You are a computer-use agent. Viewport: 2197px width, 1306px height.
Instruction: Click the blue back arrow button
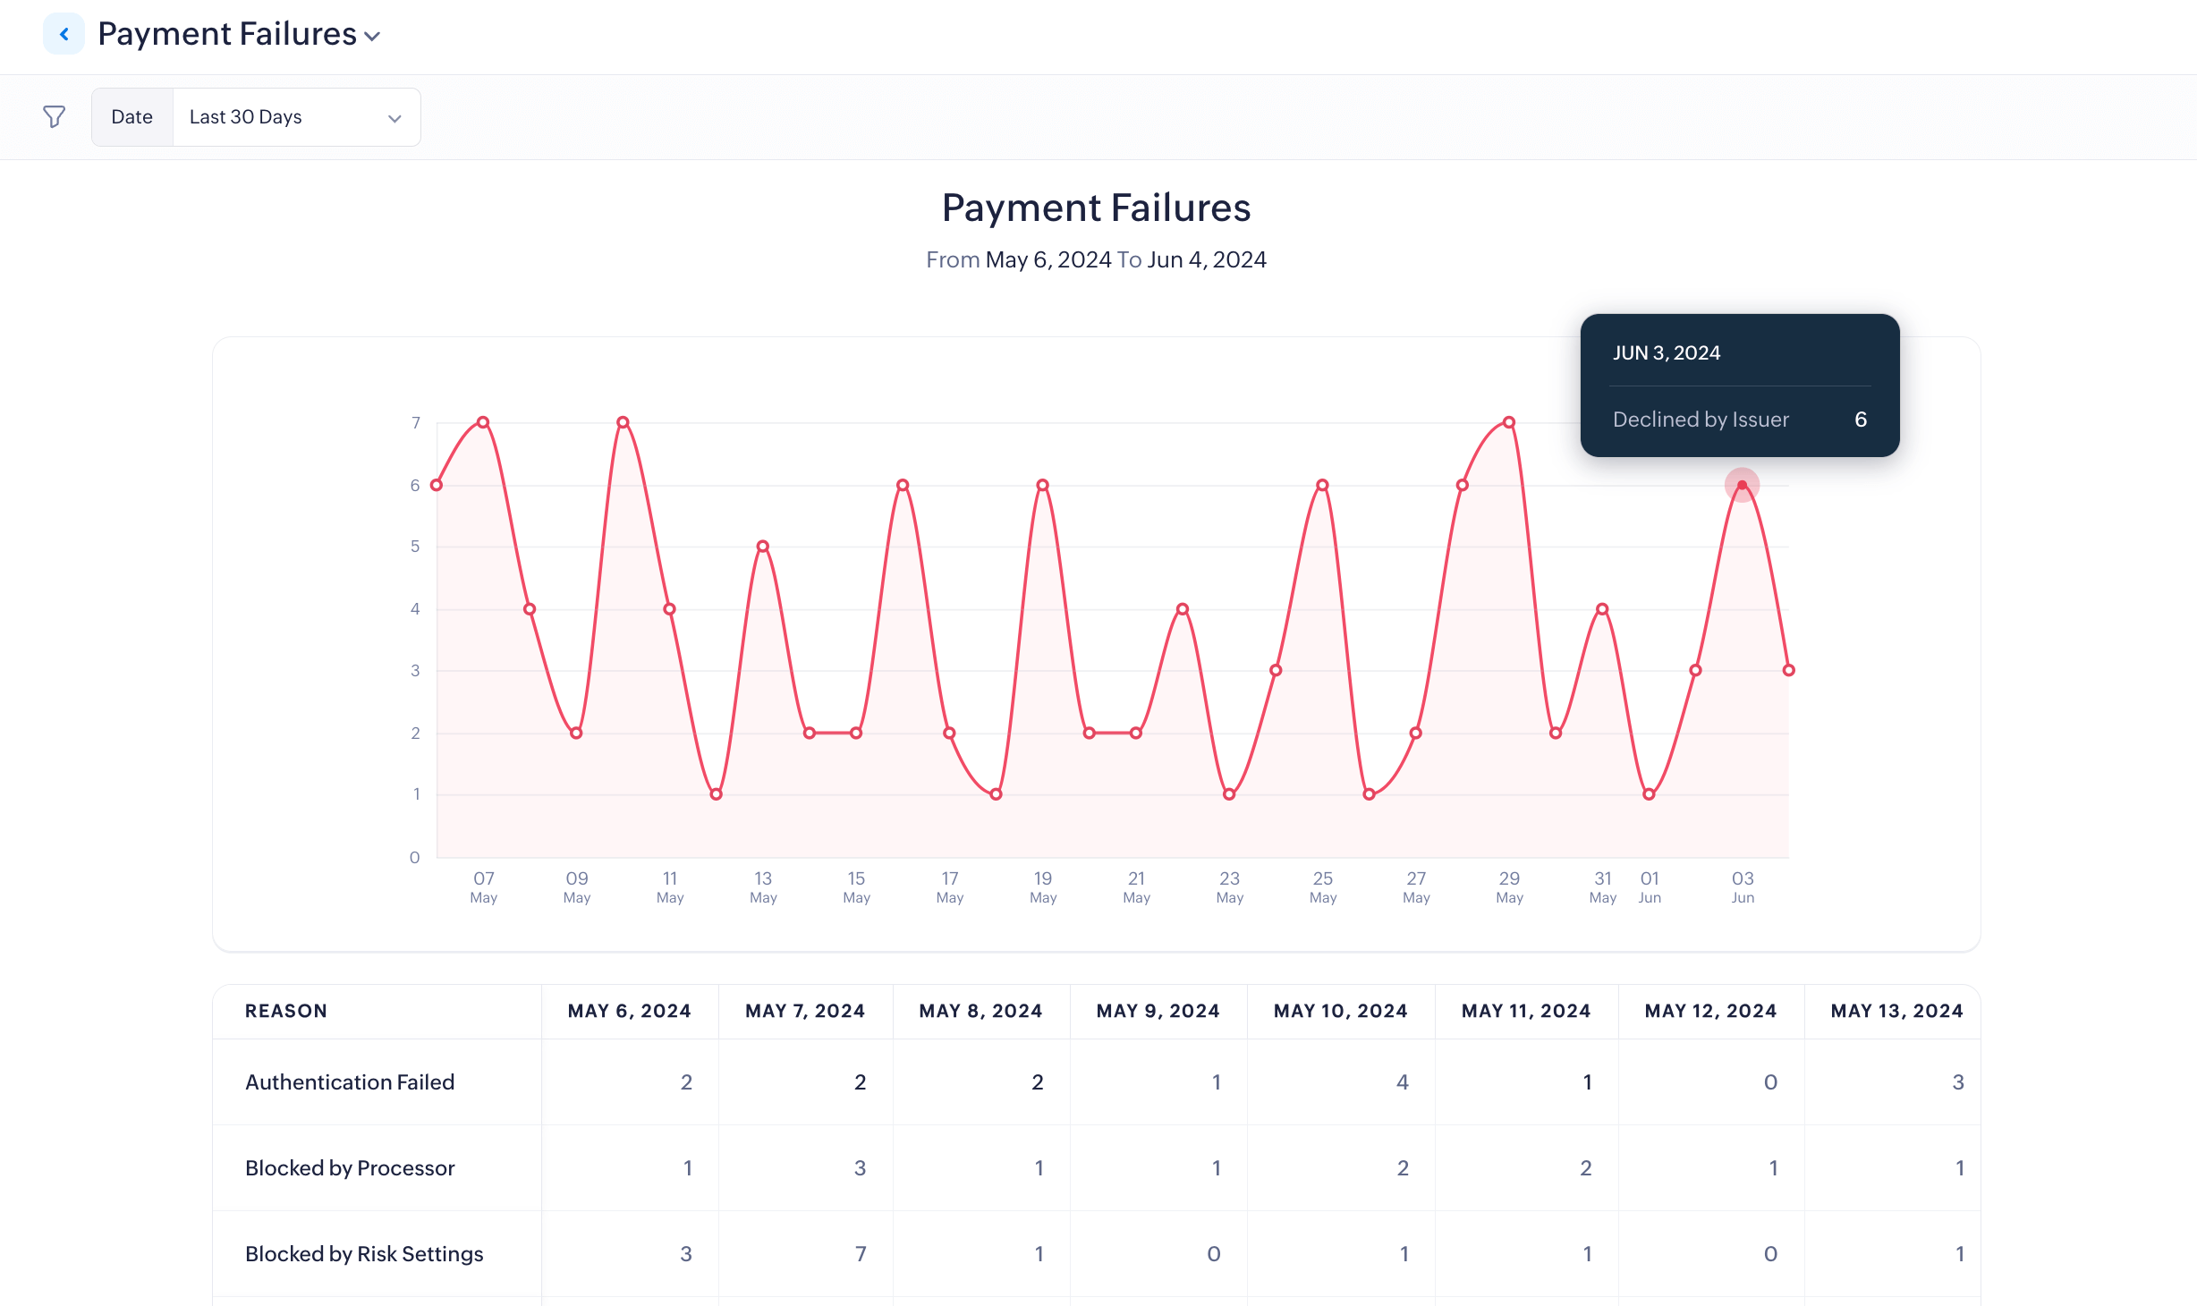64,34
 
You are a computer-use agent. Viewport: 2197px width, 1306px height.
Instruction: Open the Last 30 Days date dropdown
295,117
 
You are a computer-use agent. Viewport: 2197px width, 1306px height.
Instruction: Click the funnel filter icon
55,116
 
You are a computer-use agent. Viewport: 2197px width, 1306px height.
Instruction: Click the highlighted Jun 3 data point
1742,485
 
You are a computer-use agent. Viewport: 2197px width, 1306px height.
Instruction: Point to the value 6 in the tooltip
1861,420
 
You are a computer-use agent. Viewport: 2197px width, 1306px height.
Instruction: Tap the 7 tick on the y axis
416,422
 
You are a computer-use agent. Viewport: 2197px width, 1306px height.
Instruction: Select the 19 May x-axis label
1043,886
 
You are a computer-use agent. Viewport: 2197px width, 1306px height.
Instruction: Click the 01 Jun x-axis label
1650,886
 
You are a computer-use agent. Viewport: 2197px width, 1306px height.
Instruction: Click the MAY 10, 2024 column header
1340,1011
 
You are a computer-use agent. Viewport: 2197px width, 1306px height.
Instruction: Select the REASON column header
286,1011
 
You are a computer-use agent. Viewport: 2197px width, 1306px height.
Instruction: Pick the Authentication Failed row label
350,1081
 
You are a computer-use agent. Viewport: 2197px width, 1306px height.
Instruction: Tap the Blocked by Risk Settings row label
364,1253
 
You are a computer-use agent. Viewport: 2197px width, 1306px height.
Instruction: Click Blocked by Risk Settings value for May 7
861,1253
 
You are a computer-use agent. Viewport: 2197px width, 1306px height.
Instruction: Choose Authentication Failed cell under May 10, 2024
1402,1081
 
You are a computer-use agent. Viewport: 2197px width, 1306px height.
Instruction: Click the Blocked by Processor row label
350,1167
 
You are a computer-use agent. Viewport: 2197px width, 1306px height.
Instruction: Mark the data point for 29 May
1509,422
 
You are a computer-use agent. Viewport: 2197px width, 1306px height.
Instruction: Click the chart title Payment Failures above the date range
1096,208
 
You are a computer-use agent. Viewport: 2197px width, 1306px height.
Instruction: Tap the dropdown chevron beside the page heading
372,37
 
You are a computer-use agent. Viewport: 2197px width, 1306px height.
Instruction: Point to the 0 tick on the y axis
415,857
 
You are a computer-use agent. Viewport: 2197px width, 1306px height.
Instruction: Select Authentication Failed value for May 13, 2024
1957,1081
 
